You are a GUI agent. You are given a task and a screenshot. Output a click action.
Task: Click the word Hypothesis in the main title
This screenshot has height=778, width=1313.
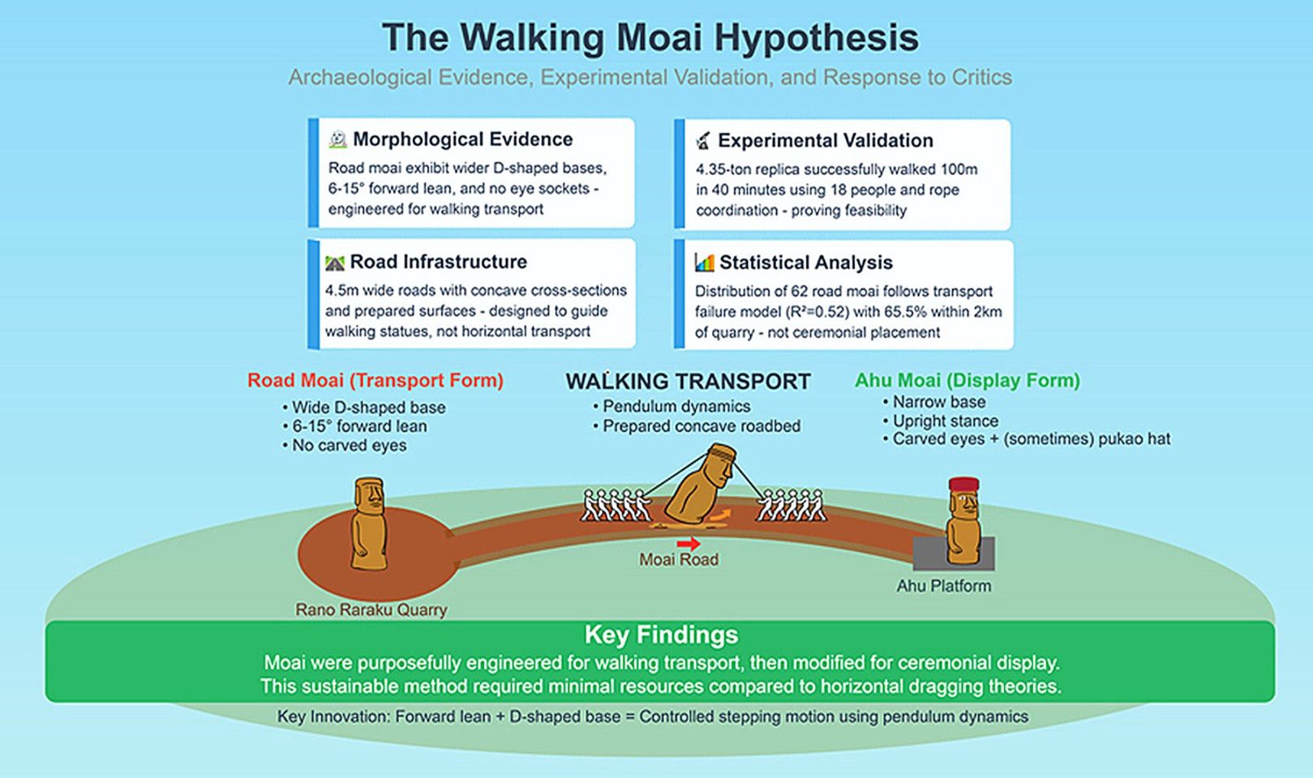(816, 39)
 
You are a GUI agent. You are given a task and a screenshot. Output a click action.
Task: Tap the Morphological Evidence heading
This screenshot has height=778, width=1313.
(462, 139)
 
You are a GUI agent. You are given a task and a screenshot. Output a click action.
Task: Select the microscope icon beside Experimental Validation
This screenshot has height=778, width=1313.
(703, 140)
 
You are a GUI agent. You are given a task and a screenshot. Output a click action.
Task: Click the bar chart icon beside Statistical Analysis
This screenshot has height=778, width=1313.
(704, 263)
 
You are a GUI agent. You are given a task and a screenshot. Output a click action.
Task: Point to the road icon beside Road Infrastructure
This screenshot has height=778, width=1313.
(335, 263)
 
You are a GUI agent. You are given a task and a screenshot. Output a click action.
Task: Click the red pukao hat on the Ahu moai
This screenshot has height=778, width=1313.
(963, 485)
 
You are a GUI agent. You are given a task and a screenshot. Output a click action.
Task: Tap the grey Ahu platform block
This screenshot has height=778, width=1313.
(954, 554)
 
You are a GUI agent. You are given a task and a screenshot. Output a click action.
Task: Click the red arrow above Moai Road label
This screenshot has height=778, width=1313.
(689, 544)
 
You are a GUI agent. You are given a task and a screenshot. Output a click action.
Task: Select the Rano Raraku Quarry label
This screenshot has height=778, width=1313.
(371, 610)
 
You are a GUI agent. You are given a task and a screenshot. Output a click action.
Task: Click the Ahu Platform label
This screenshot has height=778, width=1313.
(944, 586)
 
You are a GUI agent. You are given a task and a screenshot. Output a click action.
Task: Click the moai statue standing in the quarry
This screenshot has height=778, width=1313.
(369, 524)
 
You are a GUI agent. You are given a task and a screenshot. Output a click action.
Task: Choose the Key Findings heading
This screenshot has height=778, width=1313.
(661, 635)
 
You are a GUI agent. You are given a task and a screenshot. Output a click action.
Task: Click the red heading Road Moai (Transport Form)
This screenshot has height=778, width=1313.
(375, 381)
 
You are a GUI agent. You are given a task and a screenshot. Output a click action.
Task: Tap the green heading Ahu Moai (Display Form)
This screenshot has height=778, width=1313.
(968, 381)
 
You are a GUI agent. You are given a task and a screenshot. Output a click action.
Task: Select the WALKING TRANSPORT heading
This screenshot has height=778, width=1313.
(689, 382)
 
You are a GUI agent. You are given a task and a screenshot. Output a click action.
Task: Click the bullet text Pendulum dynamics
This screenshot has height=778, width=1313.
(676, 407)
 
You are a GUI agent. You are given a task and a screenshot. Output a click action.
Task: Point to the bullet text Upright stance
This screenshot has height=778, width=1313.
(946, 421)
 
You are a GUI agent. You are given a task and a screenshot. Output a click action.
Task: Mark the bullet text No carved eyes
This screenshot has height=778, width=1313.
(350, 446)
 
